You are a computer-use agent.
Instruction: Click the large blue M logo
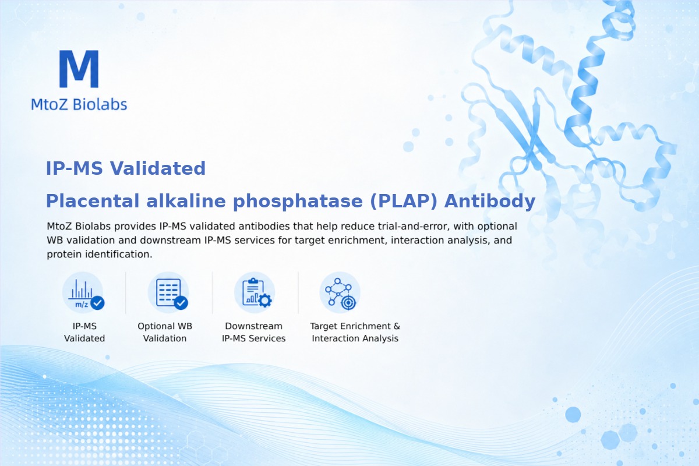tap(79, 69)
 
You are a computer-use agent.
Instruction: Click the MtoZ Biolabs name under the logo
tap(79, 104)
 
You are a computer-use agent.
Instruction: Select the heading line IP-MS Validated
tap(126, 168)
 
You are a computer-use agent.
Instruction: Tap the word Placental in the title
tap(93, 201)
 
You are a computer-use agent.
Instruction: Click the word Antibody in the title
tap(490, 202)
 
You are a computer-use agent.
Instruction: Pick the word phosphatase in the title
tap(298, 202)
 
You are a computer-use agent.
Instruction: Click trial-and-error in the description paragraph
tap(420, 226)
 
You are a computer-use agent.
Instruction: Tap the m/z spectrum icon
tap(83, 292)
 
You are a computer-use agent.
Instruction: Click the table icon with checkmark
tap(168, 292)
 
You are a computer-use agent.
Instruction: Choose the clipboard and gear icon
tap(255, 292)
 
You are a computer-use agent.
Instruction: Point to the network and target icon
tap(340, 292)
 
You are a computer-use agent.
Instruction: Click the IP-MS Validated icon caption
tap(84, 332)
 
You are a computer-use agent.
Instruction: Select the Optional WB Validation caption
tap(165, 332)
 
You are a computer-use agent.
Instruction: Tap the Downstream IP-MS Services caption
tap(254, 332)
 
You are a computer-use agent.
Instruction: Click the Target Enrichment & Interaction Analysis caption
tap(355, 332)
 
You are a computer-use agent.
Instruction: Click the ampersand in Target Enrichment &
tap(397, 326)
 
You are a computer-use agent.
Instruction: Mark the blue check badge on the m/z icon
tap(97, 303)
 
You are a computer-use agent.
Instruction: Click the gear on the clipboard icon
tap(265, 301)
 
